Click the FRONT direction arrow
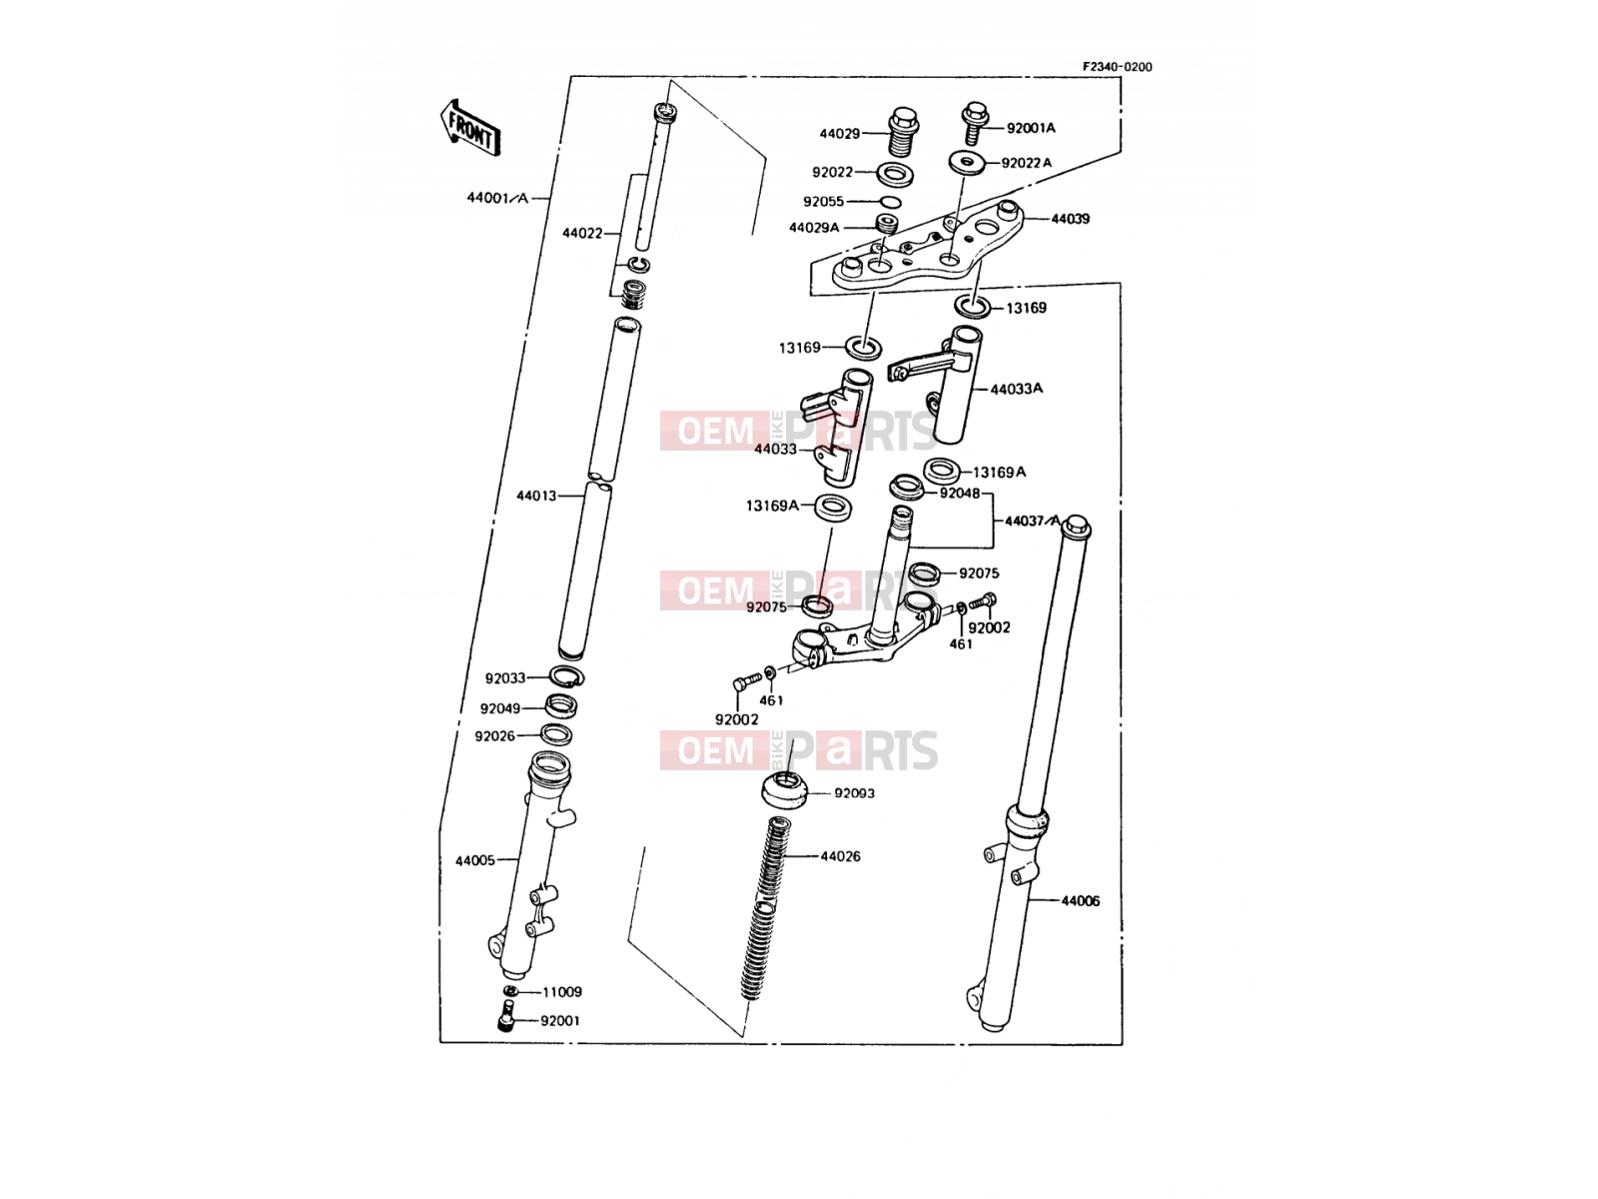(x=470, y=129)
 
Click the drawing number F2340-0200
(x=1117, y=67)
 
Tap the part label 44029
(x=839, y=134)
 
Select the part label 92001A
(x=1031, y=128)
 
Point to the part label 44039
(x=1071, y=219)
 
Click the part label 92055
(x=823, y=202)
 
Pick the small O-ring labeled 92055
(x=890, y=203)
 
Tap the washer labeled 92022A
(x=966, y=162)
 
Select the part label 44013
(x=535, y=496)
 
